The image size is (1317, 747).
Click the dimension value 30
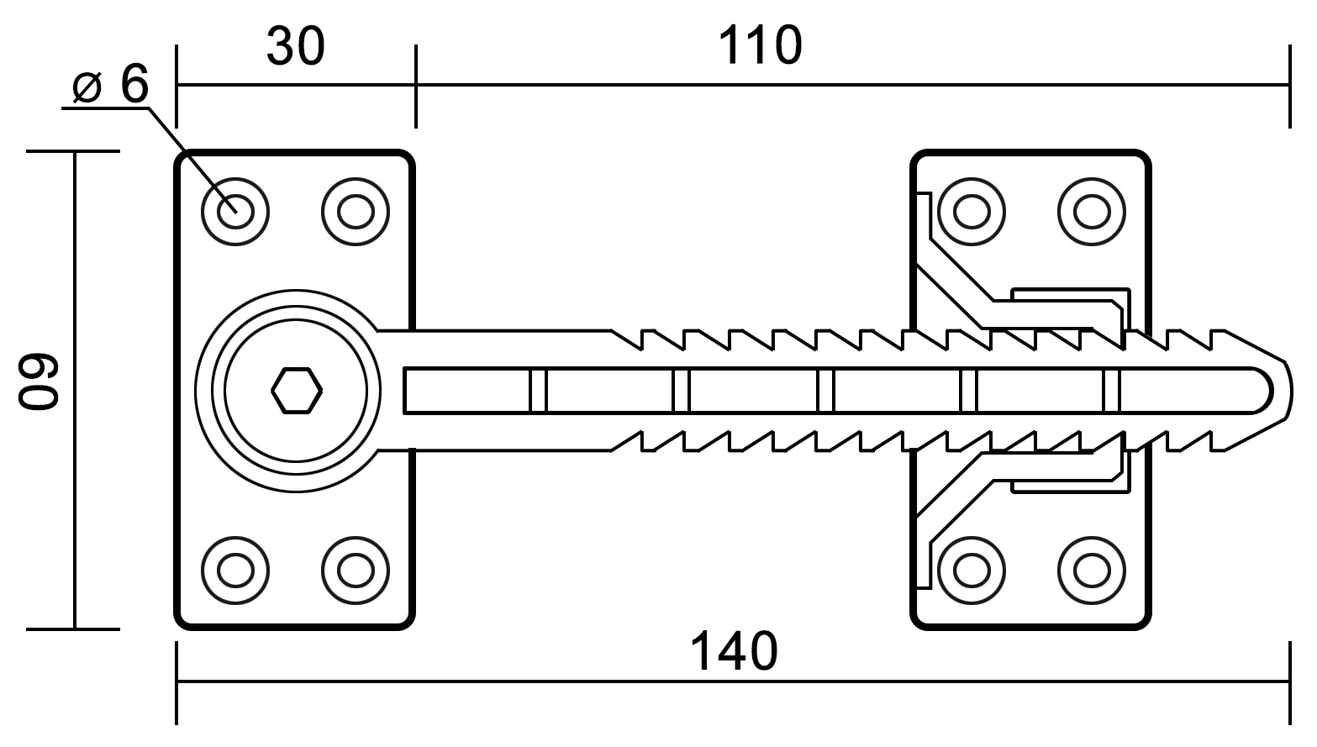(295, 46)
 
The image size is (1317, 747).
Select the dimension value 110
(760, 45)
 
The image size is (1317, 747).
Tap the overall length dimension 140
(733, 651)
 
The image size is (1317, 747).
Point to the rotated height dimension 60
(38, 381)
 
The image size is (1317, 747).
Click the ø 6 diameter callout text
(111, 85)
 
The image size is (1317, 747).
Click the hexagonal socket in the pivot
(297, 391)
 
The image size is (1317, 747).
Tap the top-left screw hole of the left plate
(235, 212)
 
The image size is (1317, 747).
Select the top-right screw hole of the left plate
(356, 212)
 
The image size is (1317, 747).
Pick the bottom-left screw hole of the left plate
(235, 570)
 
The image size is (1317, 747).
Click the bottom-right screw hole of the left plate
(356, 570)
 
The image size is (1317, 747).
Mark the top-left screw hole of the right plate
(972, 212)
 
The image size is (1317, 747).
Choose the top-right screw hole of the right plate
(1092, 212)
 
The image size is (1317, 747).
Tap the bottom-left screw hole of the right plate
(972, 570)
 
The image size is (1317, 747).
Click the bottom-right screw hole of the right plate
(1092, 570)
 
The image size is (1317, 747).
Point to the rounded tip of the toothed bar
(1288, 391)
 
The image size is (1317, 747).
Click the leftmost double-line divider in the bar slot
(538, 391)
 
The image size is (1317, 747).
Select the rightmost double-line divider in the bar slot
(1111, 391)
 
